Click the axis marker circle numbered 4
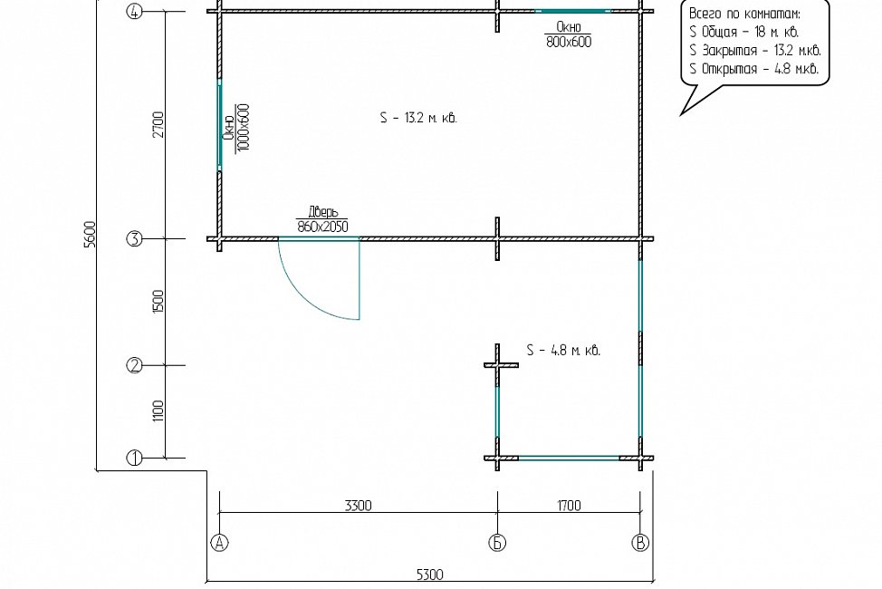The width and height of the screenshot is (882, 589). [134, 11]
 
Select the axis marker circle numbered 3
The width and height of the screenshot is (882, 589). [134, 239]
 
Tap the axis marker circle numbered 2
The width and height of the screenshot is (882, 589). [134, 365]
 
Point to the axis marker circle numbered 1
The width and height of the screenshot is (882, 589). [134, 459]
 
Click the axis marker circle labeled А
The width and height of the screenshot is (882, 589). [219, 543]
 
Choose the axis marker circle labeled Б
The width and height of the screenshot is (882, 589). [497, 543]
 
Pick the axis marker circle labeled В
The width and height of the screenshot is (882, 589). [641, 543]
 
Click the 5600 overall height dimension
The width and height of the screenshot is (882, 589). [91, 235]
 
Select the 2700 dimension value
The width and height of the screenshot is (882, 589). [159, 125]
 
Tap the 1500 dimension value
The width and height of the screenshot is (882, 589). [159, 302]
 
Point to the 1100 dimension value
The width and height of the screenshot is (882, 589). [159, 411]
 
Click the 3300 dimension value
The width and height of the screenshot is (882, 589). [359, 506]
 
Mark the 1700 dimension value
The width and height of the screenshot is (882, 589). [570, 506]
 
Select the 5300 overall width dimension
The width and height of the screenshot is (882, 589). [430, 575]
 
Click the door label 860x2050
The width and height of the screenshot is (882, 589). [323, 227]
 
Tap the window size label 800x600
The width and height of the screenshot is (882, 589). [569, 42]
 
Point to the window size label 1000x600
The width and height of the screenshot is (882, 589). [244, 127]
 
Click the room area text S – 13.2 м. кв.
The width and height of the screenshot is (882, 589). [418, 118]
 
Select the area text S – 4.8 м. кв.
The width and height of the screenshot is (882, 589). [563, 351]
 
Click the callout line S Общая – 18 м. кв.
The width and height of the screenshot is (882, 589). [743, 32]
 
